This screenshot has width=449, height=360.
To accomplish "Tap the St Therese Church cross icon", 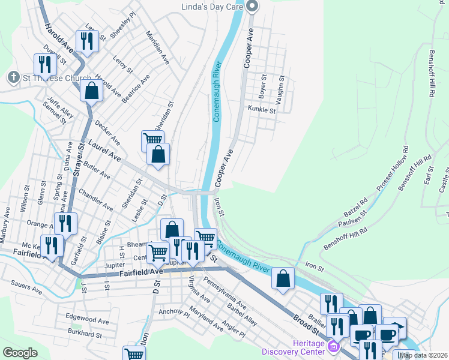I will (x=13, y=77).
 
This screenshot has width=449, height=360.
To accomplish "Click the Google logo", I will (x=20, y=353).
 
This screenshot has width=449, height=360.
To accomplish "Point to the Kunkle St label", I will (x=262, y=110).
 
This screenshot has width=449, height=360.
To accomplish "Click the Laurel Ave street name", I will (x=105, y=151).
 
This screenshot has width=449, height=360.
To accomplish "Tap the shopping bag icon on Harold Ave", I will (x=91, y=92).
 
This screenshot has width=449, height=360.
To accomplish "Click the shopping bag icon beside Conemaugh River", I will (x=283, y=278).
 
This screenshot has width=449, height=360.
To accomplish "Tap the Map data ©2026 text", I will (x=423, y=355).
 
